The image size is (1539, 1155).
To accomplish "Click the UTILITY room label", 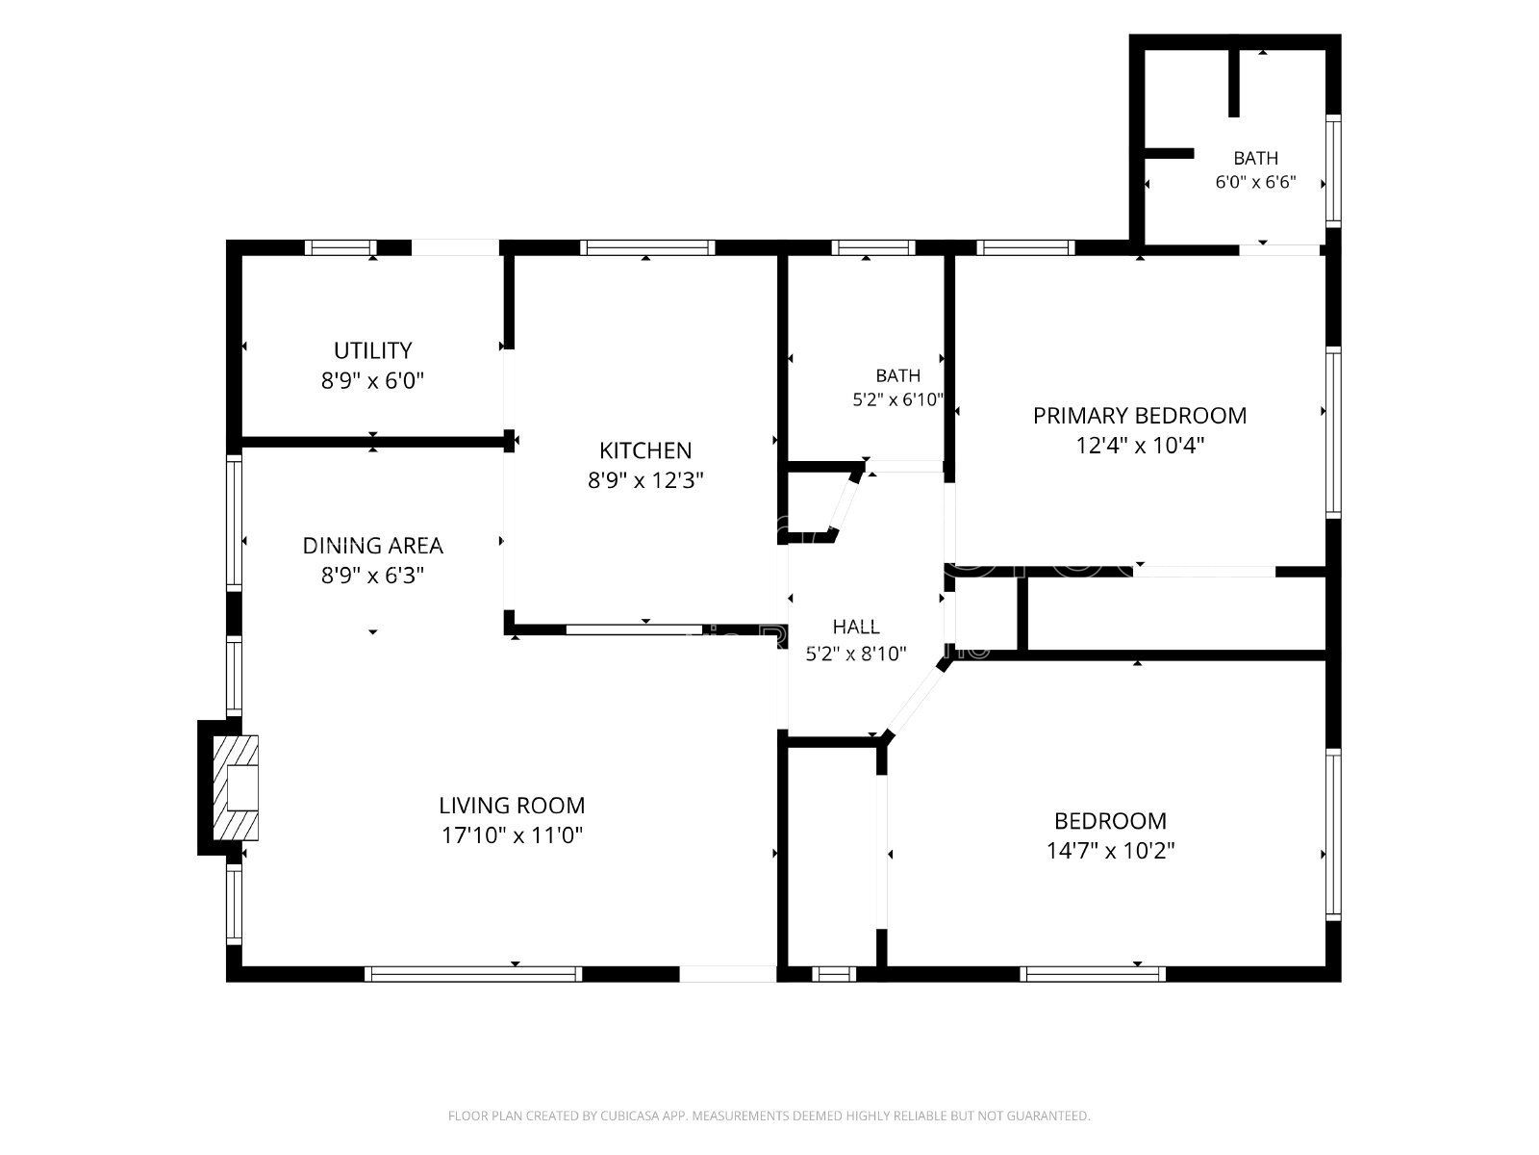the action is [372, 350].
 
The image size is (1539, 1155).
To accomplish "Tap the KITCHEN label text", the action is [645, 450].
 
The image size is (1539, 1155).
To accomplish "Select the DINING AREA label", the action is [372, 545].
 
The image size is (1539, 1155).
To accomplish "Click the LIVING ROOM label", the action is [512, 805].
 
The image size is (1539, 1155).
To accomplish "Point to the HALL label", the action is [856, 627].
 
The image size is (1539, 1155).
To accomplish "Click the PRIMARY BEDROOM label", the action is [1140, 415].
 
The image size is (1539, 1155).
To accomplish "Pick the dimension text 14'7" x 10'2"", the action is [1111, 851].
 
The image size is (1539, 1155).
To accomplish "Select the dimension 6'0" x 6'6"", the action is [1256, 182].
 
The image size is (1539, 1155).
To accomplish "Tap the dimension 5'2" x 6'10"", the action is [898, 399].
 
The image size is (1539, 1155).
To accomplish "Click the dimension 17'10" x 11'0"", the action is [512, 835].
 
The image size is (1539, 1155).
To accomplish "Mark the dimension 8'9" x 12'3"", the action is [645, 480].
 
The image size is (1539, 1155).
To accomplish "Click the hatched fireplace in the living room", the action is [236, 787].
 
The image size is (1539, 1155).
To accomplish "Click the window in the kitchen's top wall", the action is [647, 247].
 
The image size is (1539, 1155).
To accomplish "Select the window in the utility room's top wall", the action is [341, 247].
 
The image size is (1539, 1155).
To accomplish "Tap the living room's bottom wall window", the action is [473, 974].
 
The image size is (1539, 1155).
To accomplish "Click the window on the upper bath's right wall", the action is [1333, 170].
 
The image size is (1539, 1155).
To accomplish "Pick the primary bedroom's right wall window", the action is [1333, 433].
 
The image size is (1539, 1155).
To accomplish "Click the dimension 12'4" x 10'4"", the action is [1140, 446].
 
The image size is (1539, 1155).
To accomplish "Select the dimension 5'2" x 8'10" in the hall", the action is [856, 654].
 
